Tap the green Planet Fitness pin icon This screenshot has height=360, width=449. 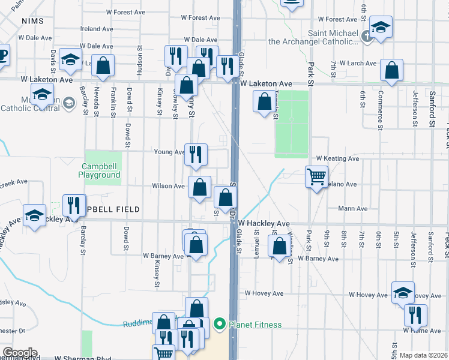coord(220,325)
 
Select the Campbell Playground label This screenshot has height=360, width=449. coord(99,170)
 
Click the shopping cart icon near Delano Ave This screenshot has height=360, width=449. coord(316,177)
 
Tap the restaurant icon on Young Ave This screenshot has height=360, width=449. coord(196,155)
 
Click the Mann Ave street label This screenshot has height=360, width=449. coord(352,209)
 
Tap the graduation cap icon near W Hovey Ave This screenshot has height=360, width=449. coord(403,292)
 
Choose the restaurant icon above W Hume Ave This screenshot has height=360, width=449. coord(415,316)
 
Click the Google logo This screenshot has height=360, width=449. coord(20,353)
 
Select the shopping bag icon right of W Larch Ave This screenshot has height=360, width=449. coord(391,71)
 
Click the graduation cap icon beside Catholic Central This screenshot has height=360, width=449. coord(42,95)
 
